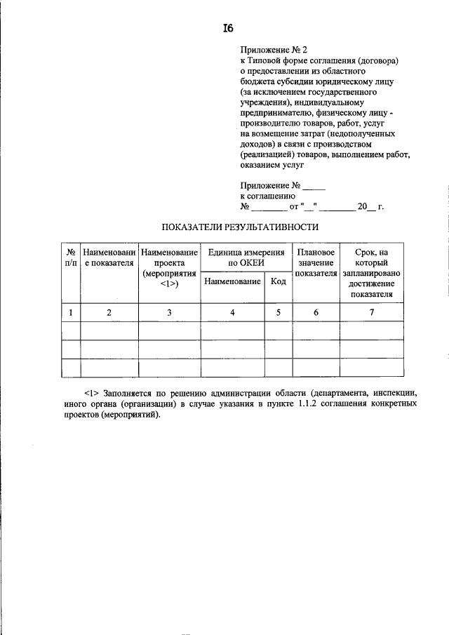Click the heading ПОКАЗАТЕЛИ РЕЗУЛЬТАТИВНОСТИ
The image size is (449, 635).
pyautogui.click(x=241, y=227)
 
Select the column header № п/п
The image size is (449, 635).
pyautogui.click(x=71, y=257)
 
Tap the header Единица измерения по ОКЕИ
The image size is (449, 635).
pyautogui.click(x=246, y=257)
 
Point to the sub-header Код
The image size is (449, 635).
pyautogui.click(x=279, y=281)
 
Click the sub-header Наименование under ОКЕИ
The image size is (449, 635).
pyautogui.click(x=233, y=281)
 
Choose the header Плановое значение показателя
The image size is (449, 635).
pyautogui.click(x=316, y=262)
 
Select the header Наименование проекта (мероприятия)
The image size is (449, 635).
pyautogui.click(x=169, y=267)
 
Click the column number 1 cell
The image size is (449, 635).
pyautogui.click(x=71, y=313)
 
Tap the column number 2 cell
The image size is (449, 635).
pyautogui.click(x=109, y=313)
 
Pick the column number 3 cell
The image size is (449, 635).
pyautogui.click(x=169, y=313)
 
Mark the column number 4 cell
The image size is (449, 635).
pyautogui.click(x=233, y=313)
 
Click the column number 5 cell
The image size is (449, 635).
pyautogui.click(x=279, y=313)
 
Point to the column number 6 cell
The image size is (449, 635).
pyautogui.click(x=316, y=313)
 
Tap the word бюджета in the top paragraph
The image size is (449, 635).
pyautogui.click(x=257, y=81)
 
